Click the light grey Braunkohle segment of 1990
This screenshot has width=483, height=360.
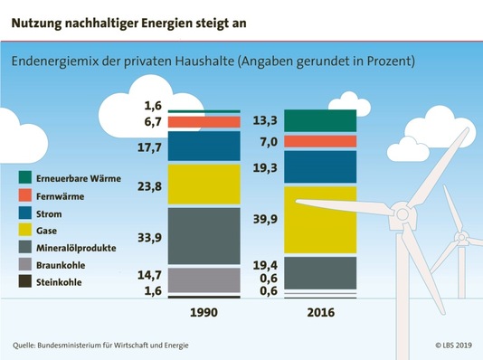[204, 279]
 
